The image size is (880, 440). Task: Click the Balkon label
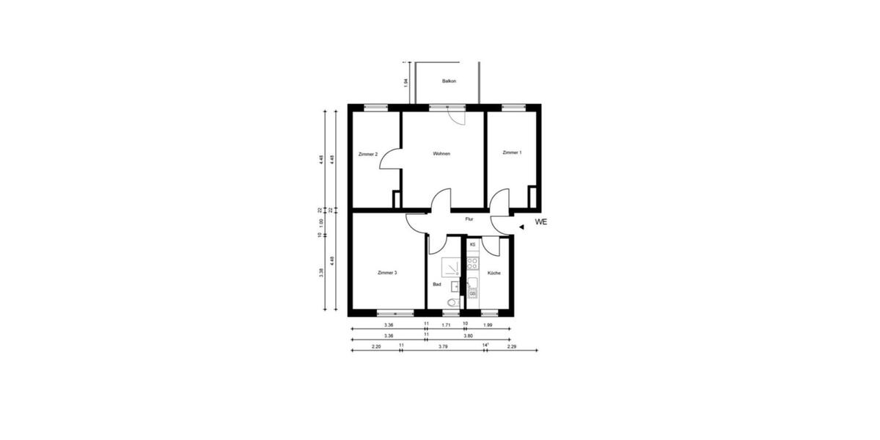pos(449,81)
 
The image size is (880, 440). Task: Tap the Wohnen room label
pos(441,154)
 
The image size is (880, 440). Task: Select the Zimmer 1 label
pos(512,153)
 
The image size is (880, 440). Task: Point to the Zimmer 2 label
pos(368,155)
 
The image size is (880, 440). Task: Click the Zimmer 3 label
pos(387,273)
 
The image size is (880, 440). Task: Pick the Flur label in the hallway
pos(469,219)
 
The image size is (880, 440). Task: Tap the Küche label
pos(494,274)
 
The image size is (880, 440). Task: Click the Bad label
pos(437,284)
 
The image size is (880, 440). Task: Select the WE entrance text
pos(542,221)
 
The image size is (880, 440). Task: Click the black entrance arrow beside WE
pos(521,227)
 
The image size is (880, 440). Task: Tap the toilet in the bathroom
pos(452,301)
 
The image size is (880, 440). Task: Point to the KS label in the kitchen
pos(472,244)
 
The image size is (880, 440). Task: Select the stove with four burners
pos(473,261)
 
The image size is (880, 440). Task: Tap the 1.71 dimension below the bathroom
pos(445,324)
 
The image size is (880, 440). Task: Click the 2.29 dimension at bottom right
pos(512,346)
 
